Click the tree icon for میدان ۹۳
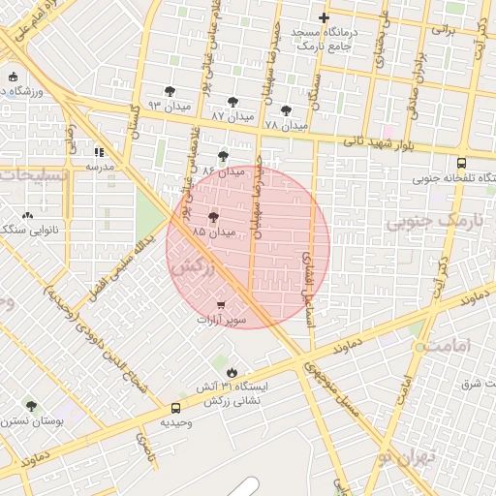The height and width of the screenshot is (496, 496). pos(170,91)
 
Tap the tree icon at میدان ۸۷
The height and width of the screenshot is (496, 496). pos(232,101)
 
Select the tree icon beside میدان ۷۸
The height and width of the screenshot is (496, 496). pos(286,110)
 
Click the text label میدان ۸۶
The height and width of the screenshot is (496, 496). pos(223,170)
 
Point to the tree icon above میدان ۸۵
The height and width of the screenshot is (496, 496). pos(213,218)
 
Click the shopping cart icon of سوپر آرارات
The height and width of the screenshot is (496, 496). pos(222,305)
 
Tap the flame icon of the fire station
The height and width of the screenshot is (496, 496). pos(232,372)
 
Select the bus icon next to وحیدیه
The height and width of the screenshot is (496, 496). pos(175,409)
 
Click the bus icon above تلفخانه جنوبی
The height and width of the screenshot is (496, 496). pos(461,164)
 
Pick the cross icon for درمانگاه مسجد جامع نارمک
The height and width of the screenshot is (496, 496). pos(324,17)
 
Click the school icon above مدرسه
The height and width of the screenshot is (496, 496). pos(99,152)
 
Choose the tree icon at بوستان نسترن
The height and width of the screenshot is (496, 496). pos(31,406)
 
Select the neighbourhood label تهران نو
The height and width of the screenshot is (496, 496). pos(408,456)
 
